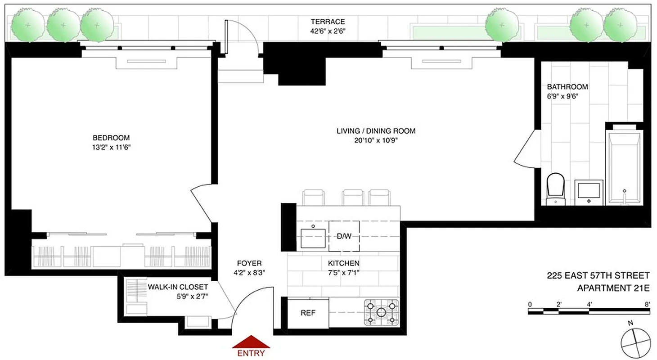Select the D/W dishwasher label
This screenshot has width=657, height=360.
click(x=344, y=236)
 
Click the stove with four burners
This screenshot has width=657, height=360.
click(x=381, y=312)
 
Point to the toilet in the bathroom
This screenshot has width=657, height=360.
click(x=555, y=189)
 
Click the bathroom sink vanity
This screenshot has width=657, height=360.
click(x=589, y=192)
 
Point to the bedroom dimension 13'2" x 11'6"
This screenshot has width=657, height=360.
click(x=111, y=147)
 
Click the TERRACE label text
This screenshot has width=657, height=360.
click(x=328, y=22)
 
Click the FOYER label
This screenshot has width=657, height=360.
click(x=249, y=263)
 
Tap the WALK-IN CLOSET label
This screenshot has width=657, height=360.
click(x=178, y=287)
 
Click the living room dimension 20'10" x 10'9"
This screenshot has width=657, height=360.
click(x=376, y=140)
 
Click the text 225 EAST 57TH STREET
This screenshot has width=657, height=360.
click(x=598, y=275)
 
